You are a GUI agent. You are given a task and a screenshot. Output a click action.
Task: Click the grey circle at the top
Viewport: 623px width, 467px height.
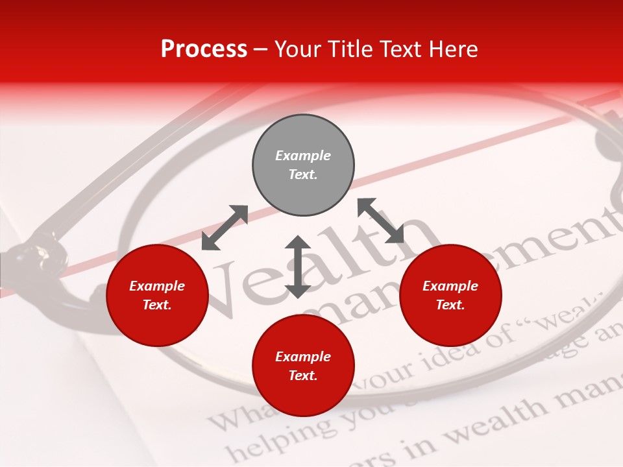pos(303,165)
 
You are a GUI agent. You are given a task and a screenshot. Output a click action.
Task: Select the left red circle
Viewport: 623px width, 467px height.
pos(157,295)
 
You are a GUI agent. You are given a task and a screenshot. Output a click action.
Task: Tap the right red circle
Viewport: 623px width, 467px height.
pos(450,295)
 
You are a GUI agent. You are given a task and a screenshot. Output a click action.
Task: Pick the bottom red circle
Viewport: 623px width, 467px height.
pos(303,366)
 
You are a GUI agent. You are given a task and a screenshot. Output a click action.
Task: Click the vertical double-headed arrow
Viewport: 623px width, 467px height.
pos(298,267)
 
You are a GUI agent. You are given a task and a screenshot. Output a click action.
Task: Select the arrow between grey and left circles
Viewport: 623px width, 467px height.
pos(225,228)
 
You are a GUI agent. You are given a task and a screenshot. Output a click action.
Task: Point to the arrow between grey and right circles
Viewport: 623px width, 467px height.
pos(381,221)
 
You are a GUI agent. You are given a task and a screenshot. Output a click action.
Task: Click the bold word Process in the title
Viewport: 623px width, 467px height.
pos(204,49)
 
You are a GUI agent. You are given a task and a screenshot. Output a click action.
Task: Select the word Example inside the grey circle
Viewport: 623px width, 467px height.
pos(303,156)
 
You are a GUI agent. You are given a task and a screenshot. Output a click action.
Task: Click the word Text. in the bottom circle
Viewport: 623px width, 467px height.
pos(303,376)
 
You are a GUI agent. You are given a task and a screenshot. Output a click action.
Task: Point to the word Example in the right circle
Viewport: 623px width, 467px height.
pos(450,286)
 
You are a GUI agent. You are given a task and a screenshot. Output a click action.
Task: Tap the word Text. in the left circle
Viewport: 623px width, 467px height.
pos(157,305)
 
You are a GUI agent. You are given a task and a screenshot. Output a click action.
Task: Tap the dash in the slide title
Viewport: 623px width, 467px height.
pos(261,49)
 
